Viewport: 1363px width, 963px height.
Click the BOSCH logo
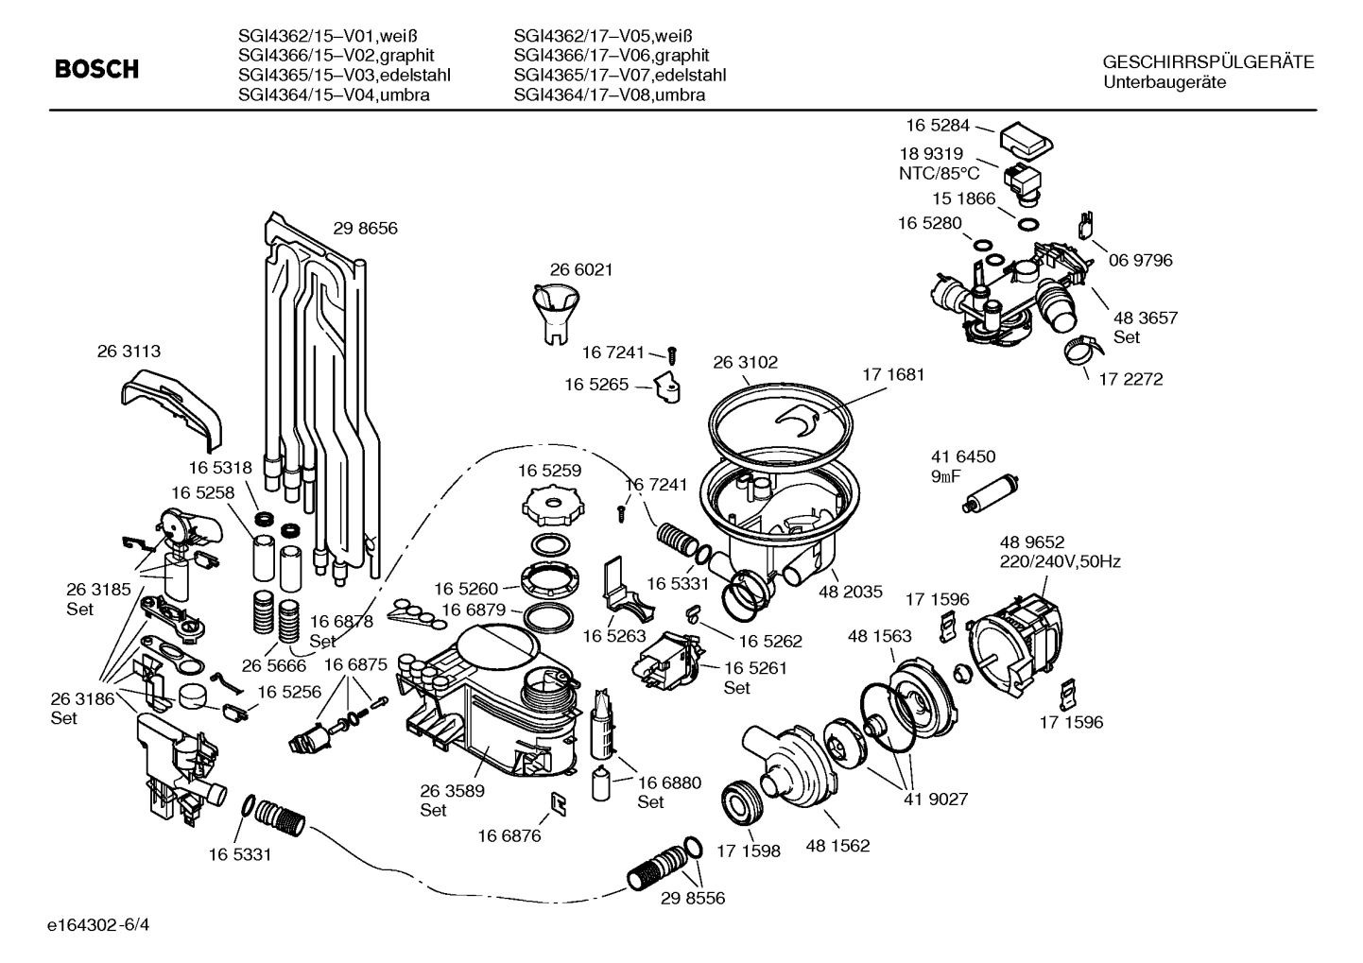coord(96,70)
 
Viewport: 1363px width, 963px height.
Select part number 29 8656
coord(365,229)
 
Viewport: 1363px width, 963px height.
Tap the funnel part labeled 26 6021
coord(553,311)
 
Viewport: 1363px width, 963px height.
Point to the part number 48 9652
coord(1032,542)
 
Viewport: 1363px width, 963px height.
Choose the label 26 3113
coord(129,352)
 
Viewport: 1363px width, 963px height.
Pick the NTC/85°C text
coord(939,174)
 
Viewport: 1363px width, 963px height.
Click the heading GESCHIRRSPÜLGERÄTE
coord(1208,62)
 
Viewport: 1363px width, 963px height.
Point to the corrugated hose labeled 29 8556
coord(661,864)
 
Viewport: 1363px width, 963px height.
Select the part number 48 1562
coord(837,847)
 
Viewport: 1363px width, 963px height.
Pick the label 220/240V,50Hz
coord(1061,561)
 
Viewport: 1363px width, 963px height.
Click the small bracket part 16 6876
coord(559,802)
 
